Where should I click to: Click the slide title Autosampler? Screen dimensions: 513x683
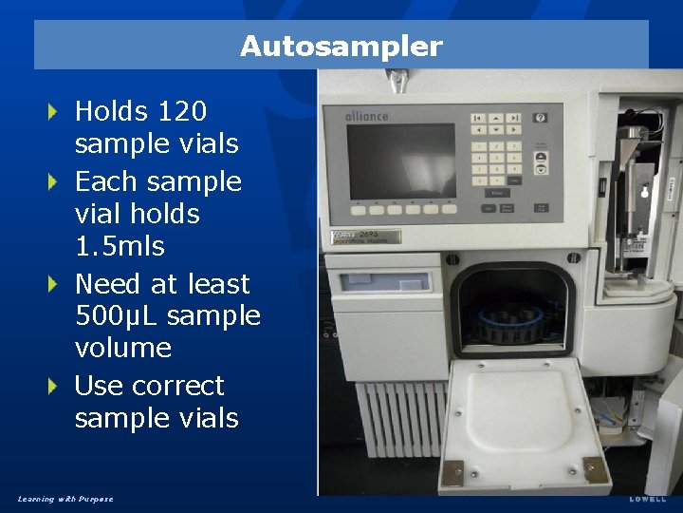click(341, 46)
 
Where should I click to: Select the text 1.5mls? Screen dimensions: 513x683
click(120, 247)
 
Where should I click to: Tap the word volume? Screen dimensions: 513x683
click(122, 349)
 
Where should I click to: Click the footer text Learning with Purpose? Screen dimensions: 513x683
click(65, 499)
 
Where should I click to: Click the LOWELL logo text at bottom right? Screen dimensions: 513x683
click(648, 499)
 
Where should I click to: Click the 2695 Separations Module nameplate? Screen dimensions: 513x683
click(366, 237)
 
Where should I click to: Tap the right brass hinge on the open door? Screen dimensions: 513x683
click(593, 468)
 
